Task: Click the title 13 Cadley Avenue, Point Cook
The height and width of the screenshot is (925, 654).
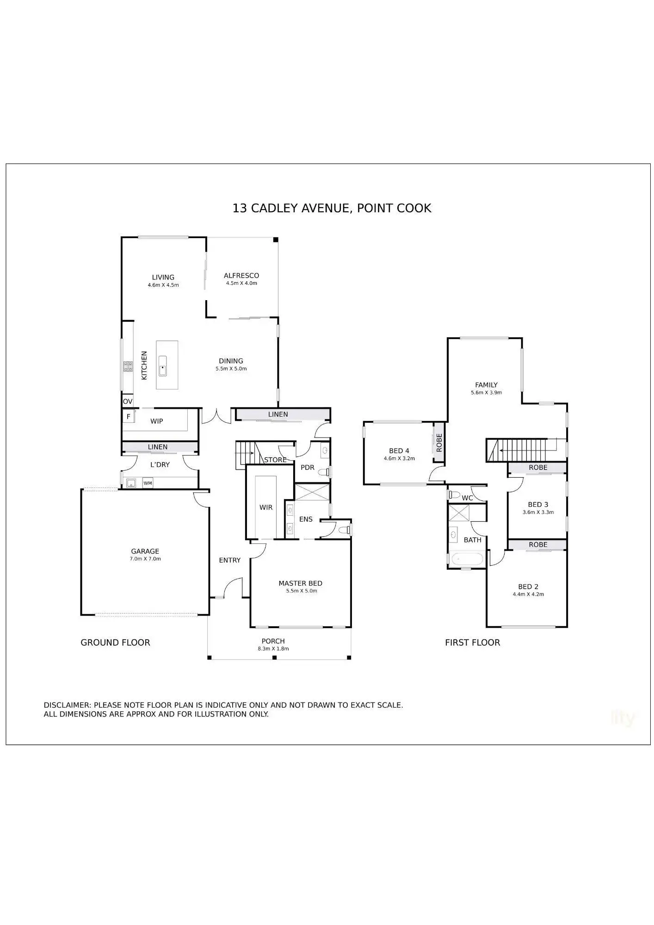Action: point(332,208)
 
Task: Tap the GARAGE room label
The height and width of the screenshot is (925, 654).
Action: point(145,551)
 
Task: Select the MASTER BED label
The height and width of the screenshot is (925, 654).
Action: point(300,583)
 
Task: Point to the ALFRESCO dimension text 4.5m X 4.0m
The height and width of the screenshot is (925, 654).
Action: point(241,283)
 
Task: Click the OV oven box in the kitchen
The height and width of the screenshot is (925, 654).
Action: point(128,401)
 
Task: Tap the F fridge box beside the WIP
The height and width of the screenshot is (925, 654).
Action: point(129,416)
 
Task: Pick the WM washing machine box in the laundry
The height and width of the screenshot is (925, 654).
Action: point(148,483)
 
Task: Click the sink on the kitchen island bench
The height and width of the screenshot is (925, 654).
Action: point(162,370)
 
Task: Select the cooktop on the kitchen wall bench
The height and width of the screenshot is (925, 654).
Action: point(128,367)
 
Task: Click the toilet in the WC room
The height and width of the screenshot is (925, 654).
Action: point(453,494)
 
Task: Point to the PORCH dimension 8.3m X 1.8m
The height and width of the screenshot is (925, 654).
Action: point(273,648)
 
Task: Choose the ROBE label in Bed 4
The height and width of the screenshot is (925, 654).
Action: point(439,442)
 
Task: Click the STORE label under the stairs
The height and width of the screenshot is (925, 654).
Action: point(275,460)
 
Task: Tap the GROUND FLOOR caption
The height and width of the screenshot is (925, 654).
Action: point(115,642)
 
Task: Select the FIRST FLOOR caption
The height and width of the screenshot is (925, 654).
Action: point(472,642)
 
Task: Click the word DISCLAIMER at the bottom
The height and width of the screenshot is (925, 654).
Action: point(68,705)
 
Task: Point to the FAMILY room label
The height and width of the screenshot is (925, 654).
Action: point(486,385)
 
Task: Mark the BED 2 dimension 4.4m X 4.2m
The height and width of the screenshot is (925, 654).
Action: point(528,594)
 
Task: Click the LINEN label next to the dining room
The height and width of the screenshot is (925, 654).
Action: point(278,414)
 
